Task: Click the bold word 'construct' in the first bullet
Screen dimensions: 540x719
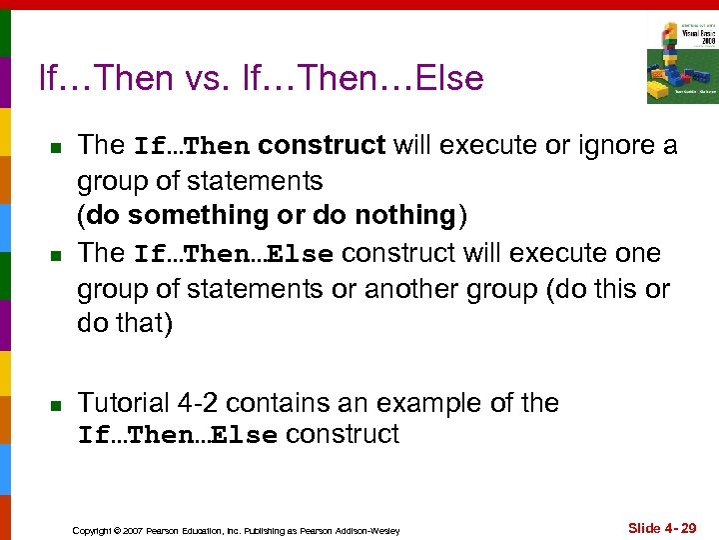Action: tap(322, 146)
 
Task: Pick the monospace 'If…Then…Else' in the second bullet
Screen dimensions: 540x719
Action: tap(234, 254)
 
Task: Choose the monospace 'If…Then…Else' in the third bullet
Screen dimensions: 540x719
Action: tap(178, 436)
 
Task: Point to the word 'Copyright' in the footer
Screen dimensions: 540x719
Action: tap(91, 529)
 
